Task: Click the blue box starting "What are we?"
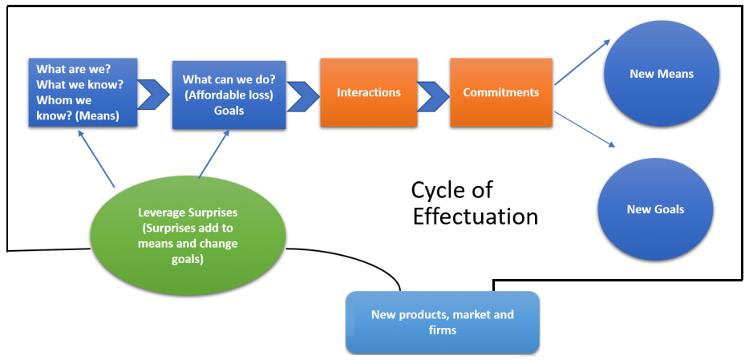(x=82, y=92)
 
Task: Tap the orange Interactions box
(x=368, y=92)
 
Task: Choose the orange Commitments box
(x=500, y=92)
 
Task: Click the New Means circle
(x=661, y=75)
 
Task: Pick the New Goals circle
(x=655, y=209)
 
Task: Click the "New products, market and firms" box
(x=442, y=322)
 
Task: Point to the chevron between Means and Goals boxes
(x=154, y=93)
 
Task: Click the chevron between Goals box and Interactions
(x=302, y=95)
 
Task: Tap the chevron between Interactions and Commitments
(x=433, y=94)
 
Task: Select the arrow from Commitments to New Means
(x=581, y=63)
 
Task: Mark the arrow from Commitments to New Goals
(x=585, y=129)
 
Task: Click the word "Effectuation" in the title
(x=475, y=216)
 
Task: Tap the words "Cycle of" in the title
(x=451, y=190)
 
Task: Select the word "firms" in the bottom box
(x=442, y=330)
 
